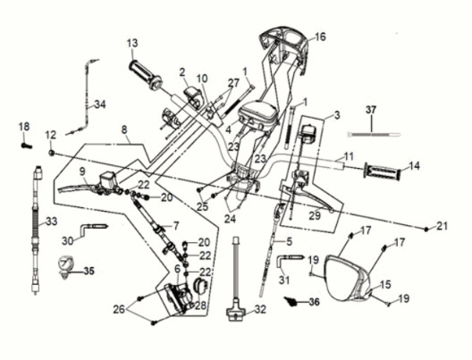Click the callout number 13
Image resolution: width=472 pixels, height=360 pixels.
point(132,43)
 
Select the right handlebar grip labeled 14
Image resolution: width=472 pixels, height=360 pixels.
point(383,172)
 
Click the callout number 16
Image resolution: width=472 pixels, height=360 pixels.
point(320,37)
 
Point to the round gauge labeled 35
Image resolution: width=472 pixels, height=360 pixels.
point(63,265)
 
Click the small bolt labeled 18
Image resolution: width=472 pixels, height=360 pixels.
point(26,146)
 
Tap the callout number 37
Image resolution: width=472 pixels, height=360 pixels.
point(371,110)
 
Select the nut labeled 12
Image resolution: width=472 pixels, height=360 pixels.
point(52,153)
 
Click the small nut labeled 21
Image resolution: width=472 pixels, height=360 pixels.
point(426,230)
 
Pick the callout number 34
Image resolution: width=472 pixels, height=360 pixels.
point(100,105)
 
